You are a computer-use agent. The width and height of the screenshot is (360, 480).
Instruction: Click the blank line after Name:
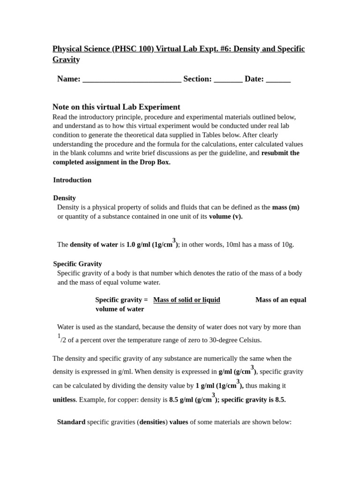pyautogui.click(x=132, y=80)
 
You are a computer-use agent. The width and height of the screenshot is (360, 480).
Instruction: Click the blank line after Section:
pyautogui.click(x=228, y=80)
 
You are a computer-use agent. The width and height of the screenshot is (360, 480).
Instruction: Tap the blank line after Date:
pyautogui.click(x=278, y=80)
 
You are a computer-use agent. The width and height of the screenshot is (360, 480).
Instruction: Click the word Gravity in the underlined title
pyautogui.click(x=66, y=60)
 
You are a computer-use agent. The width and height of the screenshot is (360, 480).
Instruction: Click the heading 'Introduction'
pyautogui.click(x=72, y=180)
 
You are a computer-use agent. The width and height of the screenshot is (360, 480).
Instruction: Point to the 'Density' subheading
pyautogui.click(x=65, y=198)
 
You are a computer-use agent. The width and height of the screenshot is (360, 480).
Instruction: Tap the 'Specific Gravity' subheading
pyautogui.click(x=77, y=264)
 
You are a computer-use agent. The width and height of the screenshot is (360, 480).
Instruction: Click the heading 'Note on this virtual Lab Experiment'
pyautogui.click(x=116, y=107)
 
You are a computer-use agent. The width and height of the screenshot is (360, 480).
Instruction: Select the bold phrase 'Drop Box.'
pyautogui.click(x=155, y=162)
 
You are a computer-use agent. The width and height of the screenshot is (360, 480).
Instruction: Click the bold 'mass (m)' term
pyautogui.click(x=285, y=207)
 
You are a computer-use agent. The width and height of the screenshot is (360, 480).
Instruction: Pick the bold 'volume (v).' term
pyautogui.click(x=225, y=216)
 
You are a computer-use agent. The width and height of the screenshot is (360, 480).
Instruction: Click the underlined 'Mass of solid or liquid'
pyautogui.click(x=187, y=300)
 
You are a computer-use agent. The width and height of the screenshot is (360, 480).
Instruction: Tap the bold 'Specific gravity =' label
pyautogui.click(x=121, y=300)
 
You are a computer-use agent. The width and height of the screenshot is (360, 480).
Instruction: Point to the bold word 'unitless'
pyautogui.click(x=64, y=400)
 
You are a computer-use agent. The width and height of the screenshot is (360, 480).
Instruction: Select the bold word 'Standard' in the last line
pyautogui.click(x=71, y=422)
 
